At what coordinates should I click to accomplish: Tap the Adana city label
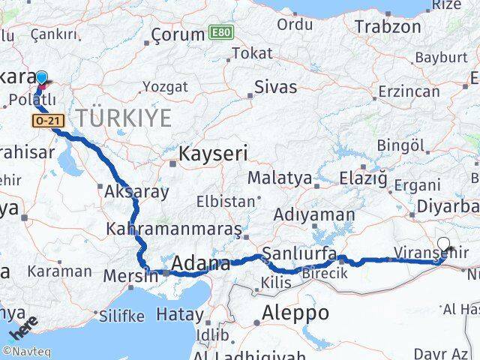point(201,264)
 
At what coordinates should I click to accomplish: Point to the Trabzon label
point(388,26)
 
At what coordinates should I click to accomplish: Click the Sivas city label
point(275,86)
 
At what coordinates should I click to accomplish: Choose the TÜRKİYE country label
point(123,118)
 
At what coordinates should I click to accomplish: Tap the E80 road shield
point(219,33)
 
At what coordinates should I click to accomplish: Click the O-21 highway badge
point(45,120)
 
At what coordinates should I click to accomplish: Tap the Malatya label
point(279,178)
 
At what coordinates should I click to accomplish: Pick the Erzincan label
point(409,91)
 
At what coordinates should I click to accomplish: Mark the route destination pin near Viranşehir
point(445,244)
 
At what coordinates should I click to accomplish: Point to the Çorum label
point(178,34)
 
